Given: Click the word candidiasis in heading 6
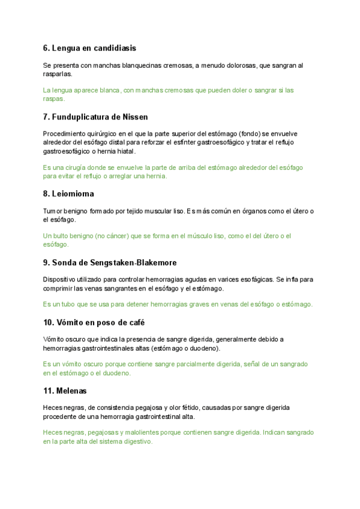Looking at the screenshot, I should (116, 48).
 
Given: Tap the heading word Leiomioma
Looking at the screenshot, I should (73, 194).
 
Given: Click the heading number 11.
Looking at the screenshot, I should (48, 391).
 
